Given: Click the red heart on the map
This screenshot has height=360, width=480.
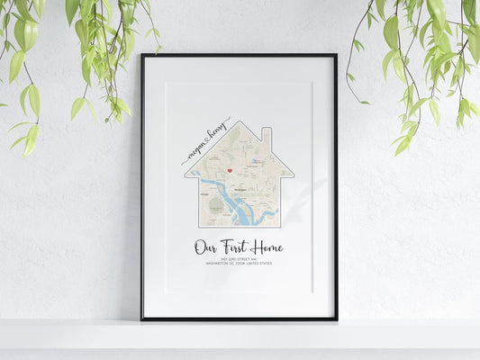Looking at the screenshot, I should pyautogui.click(x=230, y=169).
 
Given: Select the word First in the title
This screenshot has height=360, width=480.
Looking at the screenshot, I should pyautogui.click(x=237, y=247).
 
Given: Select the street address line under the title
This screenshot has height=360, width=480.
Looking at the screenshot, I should pyautogui.click(x=239, y=258).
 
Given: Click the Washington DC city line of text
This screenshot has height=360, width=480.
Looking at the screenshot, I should pyautogui.click(x=239, y=264).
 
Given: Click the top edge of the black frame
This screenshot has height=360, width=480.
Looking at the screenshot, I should pyautogui.click(x=239, y=56).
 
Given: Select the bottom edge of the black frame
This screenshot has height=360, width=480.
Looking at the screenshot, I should pyautogui.click(x=239, y=318).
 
